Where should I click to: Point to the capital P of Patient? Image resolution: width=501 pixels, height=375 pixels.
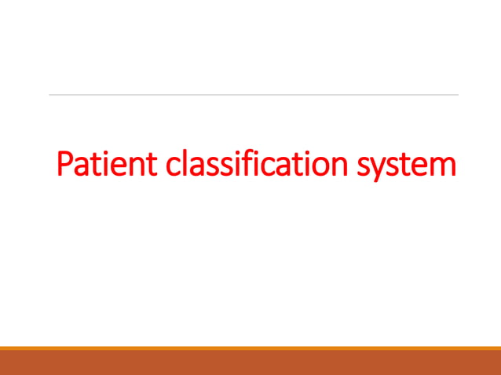point(66,165)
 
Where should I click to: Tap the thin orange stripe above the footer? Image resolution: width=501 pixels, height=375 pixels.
point(251,348)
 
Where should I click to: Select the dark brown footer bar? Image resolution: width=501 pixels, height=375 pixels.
point(251,362)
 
